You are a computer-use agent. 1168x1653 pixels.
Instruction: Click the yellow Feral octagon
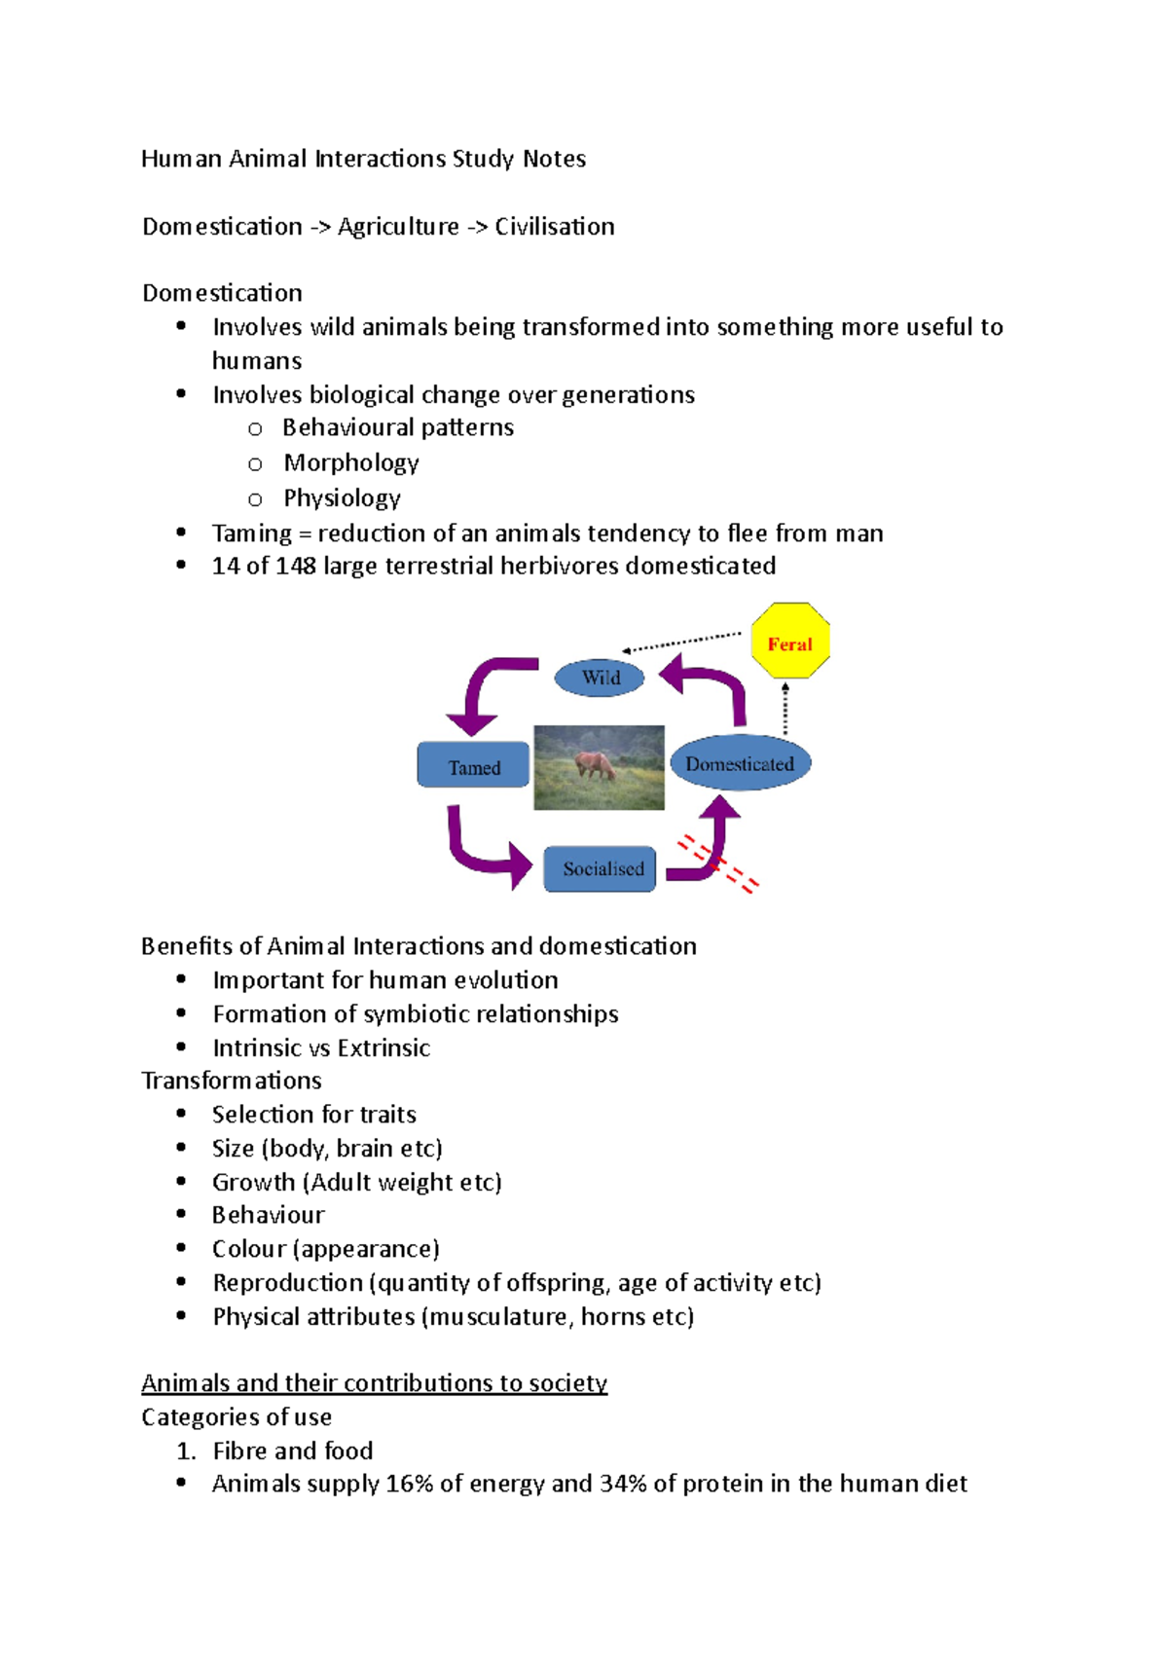(790, 641)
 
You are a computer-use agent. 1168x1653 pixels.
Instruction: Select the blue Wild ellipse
(600, 678)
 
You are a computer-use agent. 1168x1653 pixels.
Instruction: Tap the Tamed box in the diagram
(474, 766)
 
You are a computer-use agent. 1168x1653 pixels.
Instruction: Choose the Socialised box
(601, 868)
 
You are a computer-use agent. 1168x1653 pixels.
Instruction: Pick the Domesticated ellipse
(740, 764)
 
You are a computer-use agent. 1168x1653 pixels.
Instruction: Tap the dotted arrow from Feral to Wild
(681, 643)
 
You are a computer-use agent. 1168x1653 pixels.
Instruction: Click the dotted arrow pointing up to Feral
(785, 708)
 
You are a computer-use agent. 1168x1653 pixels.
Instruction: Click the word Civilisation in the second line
(555, 227)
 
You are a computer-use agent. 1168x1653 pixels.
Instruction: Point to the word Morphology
(351, 463)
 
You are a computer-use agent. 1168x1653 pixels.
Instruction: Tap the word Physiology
(342, 498)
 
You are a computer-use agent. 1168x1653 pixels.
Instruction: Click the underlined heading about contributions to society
(374, 1383)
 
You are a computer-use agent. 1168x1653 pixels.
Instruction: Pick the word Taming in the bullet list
(251, 533)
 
